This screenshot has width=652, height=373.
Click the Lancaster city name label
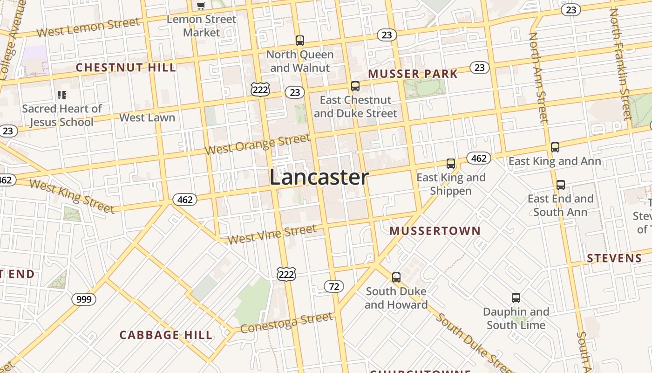[319, 178]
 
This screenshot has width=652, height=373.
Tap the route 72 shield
[334, 286]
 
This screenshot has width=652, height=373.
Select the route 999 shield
[84, 299]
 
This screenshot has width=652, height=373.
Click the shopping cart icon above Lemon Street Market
[201, 6]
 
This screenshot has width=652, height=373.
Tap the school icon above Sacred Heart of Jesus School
[62, 95]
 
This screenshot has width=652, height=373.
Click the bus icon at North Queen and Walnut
[300, 41]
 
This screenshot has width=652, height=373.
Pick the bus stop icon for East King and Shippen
[451, 164]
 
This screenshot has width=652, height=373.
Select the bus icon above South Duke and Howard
[396, 277]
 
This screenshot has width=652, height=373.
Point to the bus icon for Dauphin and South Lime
[516, 298]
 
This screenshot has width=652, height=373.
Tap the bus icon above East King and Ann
[555, 147]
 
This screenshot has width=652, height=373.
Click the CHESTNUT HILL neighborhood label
[126, 68]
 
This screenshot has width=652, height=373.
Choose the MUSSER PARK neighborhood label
[413, 74]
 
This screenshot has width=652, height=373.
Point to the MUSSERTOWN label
[435, 231]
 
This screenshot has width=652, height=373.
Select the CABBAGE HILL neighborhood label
[166, 335]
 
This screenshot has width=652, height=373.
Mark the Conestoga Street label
[287, 322]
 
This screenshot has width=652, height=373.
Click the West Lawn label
[147, 117]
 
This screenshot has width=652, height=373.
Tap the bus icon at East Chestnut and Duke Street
[355, 86]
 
